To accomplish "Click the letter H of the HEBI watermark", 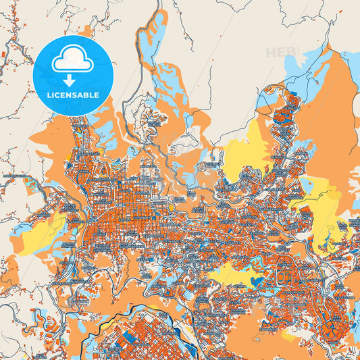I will pyautogui.click(x=271, y=53).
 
